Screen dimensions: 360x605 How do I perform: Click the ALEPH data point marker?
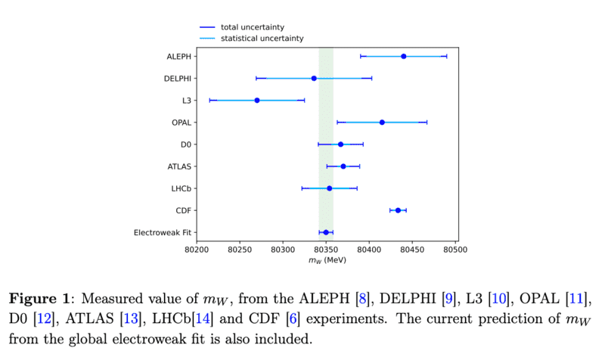[x=404, y=56]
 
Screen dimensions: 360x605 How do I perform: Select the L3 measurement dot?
[x=257, y=100]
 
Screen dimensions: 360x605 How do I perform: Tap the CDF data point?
[x=398, y=210]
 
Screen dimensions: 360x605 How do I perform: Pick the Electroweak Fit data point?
[x=326, y=232]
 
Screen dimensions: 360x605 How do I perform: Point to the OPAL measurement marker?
[x=382, y=122]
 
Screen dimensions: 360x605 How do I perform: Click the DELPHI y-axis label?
[x=177, y=79]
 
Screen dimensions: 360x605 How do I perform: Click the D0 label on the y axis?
[x=185, y=144]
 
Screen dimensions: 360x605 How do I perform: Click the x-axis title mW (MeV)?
[x=327, y=260]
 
